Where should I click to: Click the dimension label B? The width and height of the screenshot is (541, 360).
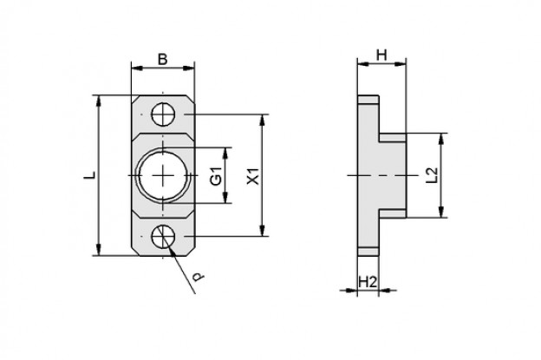click(162, 59)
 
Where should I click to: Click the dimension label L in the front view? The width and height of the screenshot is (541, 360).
click(90, 175)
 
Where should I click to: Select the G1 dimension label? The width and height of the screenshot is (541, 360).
click(217, 176)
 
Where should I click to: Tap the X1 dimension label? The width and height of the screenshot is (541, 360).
click(253, 176)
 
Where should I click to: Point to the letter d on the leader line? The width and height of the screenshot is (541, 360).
click(198, 277)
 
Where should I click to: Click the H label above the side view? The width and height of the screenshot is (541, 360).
click(381, 55)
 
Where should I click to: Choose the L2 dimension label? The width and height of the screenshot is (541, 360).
click(432, 175)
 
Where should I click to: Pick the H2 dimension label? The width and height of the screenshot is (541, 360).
click(367, 282)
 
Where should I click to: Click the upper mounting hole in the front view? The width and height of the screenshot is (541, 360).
click(163, 115)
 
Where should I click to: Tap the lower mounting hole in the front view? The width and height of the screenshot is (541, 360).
click(163, 237)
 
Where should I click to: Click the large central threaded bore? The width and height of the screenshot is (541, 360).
click(163, 176)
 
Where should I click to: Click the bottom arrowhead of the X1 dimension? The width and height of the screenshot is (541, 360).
click(263, 230)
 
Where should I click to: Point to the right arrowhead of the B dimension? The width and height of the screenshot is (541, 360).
click(188, 68)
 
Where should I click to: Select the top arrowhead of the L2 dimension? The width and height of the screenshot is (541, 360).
click(440, 140)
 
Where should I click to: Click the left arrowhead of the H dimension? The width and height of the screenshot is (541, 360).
click(363, 64)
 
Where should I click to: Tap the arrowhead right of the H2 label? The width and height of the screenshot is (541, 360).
click(385, 291)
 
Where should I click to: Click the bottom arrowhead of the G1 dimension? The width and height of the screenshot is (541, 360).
click(225, 197)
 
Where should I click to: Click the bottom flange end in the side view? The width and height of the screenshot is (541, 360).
click(368, 252)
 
